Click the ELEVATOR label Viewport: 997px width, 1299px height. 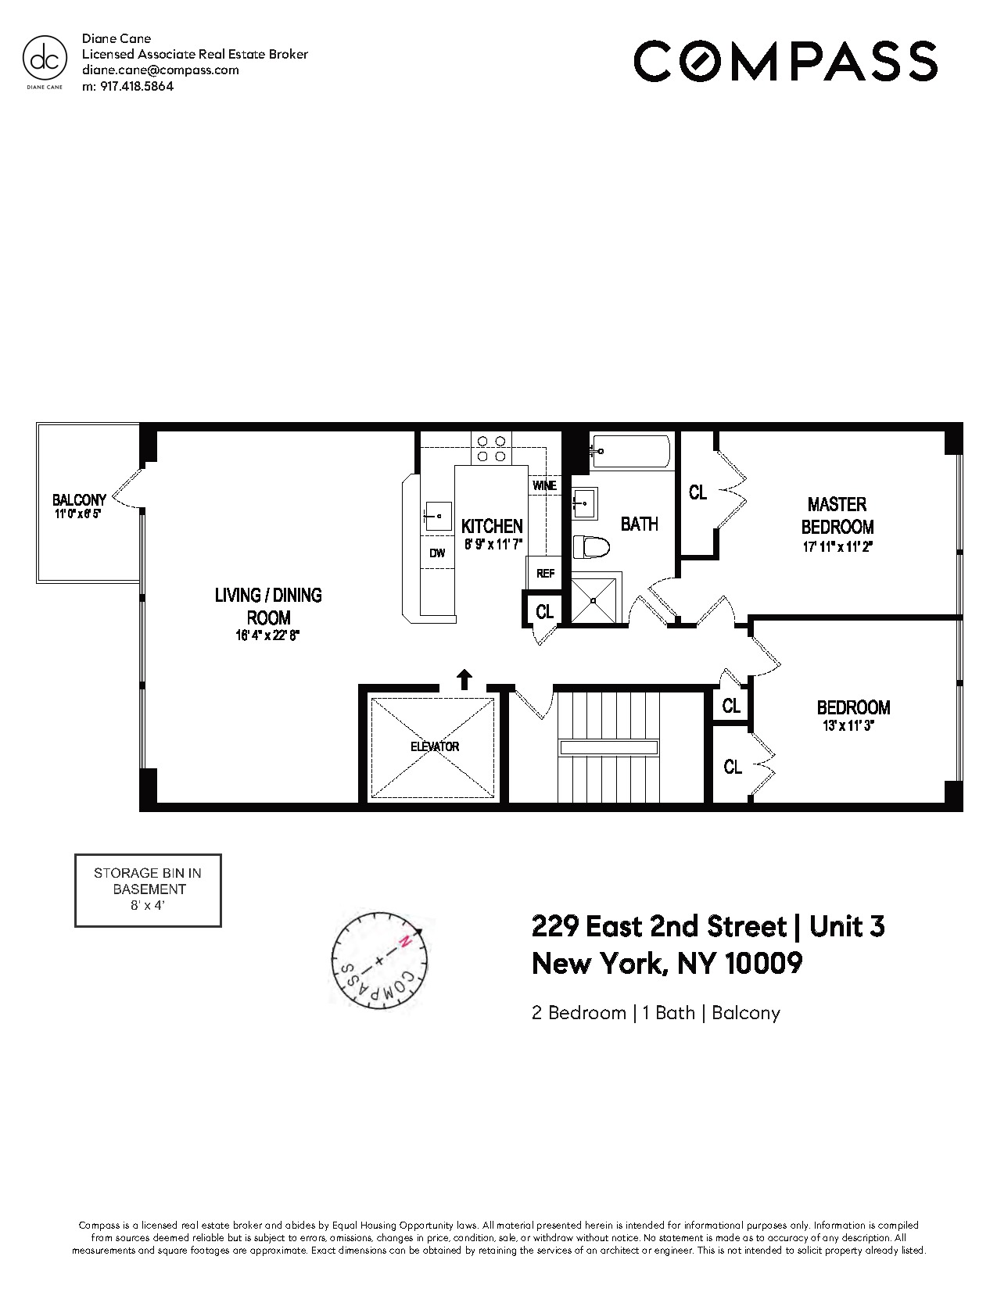[435, 746]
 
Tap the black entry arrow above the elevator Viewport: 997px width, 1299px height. [464, 678]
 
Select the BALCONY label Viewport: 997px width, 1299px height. [79, 500]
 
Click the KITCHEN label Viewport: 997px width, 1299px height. [492, 526]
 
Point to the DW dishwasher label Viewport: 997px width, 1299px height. [437, 553]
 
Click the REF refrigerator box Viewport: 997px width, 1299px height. [545, 573]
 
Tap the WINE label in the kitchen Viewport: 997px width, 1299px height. [544, 485]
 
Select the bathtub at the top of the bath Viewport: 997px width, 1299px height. [630, 451]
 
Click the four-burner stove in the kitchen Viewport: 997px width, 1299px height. [491, 448]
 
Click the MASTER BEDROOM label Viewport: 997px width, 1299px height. [837, 515]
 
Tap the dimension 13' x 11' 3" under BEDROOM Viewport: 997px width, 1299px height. [853, 725]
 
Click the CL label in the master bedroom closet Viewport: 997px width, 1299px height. [698, 492]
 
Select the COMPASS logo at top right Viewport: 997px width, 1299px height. [785, 61]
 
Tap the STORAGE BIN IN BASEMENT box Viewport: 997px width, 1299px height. [148, 890]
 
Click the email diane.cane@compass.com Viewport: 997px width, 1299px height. [160, 70]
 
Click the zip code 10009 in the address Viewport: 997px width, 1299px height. [763, 962]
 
